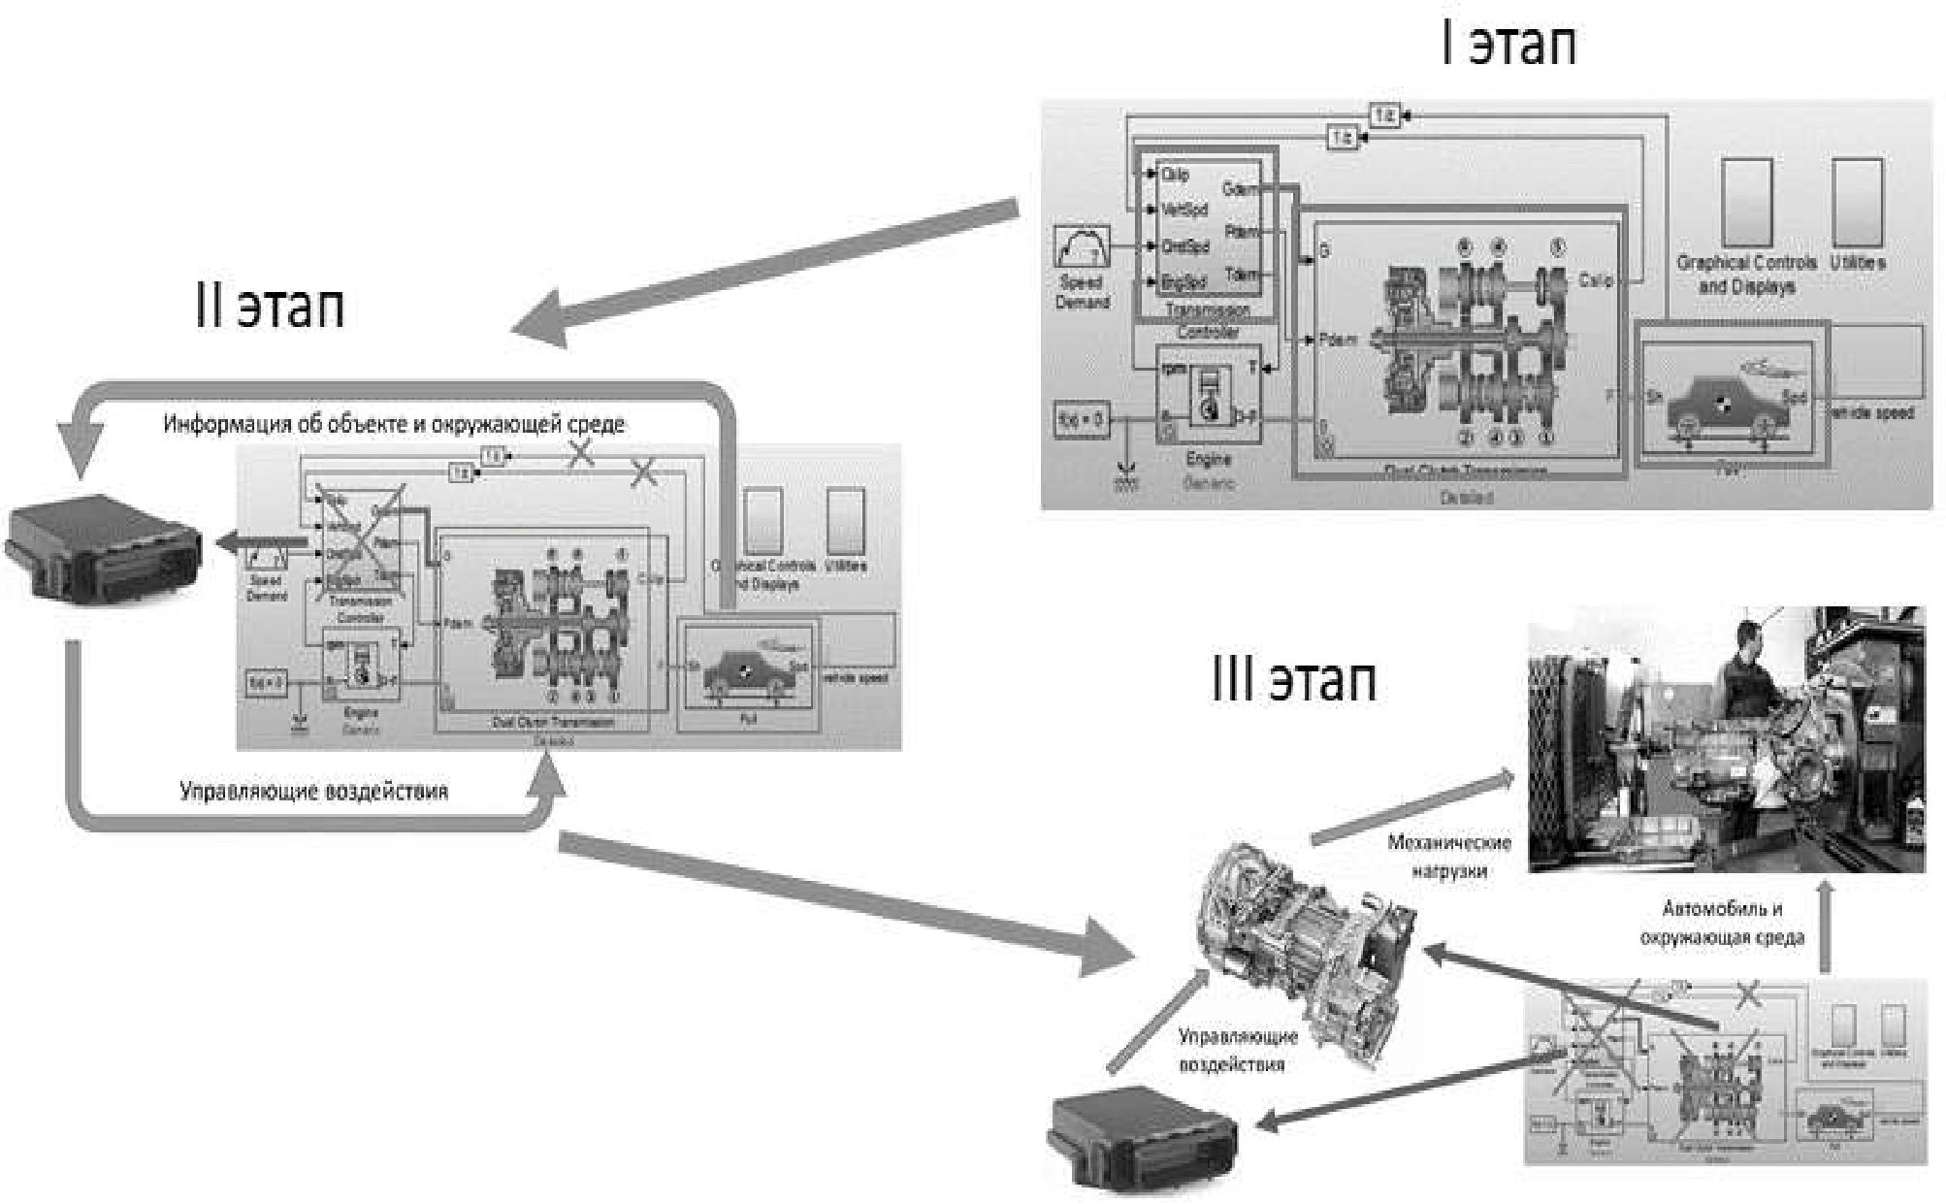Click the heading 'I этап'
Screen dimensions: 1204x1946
[1508, 44]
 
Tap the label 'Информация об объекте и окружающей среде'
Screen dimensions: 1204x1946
[393, 424]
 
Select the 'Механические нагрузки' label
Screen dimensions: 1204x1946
[1448, 856]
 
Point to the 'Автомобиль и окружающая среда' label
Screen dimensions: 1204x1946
[1722, 923]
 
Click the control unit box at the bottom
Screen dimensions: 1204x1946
[1143, 1141]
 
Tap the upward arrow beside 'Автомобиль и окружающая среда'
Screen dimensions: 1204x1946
[1825, 927]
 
